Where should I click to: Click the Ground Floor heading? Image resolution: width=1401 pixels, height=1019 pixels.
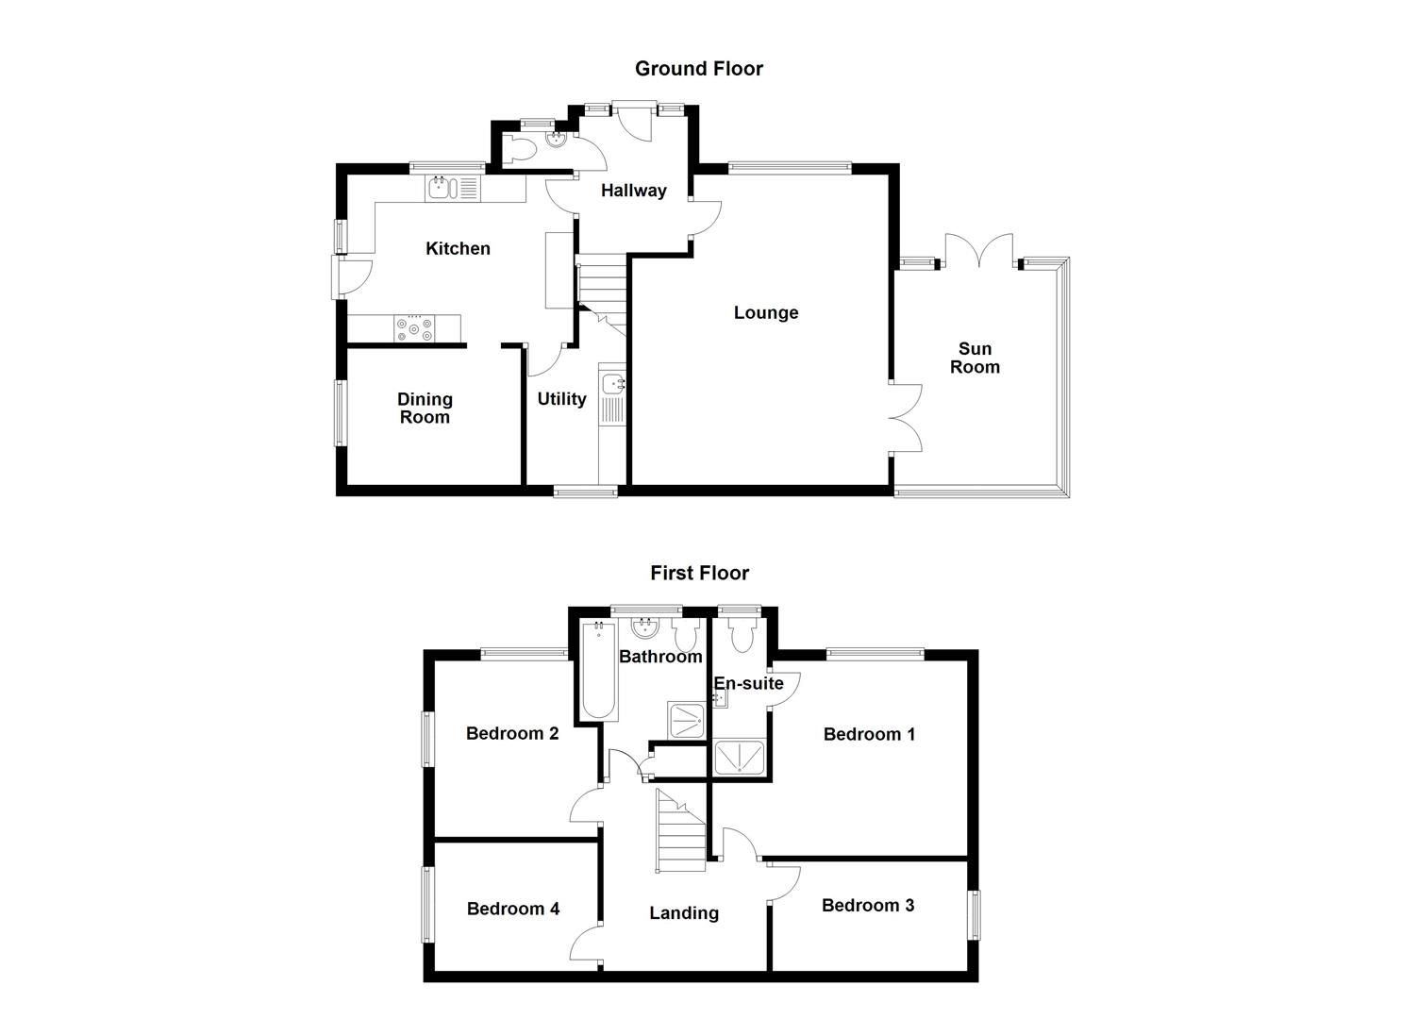pyautogui.click(x=698, y=68)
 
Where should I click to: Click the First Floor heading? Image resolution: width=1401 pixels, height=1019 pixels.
pyautogui.click(x=699, y=573)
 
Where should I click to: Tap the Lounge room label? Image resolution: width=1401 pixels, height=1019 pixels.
pyautogui.click(x=766, y=312)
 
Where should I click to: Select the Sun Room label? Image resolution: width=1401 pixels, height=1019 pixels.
pyautogui.click(x=975, y=358)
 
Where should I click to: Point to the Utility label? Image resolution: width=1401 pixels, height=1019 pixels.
pyautogui.click(x=561, y=399)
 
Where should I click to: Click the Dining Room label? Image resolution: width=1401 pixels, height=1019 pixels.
pyautogui.click(x=425, y=409)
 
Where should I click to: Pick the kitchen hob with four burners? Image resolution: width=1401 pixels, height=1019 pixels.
pyautogui.click(x=415, y=328)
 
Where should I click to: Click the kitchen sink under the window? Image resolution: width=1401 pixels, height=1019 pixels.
pyautogui.click(x=441, y=188)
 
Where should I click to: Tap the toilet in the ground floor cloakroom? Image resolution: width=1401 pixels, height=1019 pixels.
pyautogui.click(x=520, y=147)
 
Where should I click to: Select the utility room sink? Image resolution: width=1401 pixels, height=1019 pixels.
pyautogui.click(x=612, y=384)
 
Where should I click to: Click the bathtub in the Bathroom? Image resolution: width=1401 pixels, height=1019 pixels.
pyautogui.click(x=598, y=672)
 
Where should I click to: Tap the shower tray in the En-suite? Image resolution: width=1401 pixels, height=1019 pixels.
pyautogui.click(x=741, y=758)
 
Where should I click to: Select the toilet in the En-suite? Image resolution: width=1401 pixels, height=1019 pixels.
pyautogui.click(x=742, y=634)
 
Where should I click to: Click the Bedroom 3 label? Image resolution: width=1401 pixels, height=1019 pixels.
pyautogui.click(x=867, y=906)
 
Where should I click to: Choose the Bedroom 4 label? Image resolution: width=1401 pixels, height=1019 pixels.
pyautogui.click(x=513, y=909)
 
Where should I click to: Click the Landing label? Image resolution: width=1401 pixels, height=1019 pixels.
pyautogui.click(x=684, y=912)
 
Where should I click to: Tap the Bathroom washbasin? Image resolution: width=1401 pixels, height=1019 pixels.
pyautogui.click(x=645, y=627)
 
